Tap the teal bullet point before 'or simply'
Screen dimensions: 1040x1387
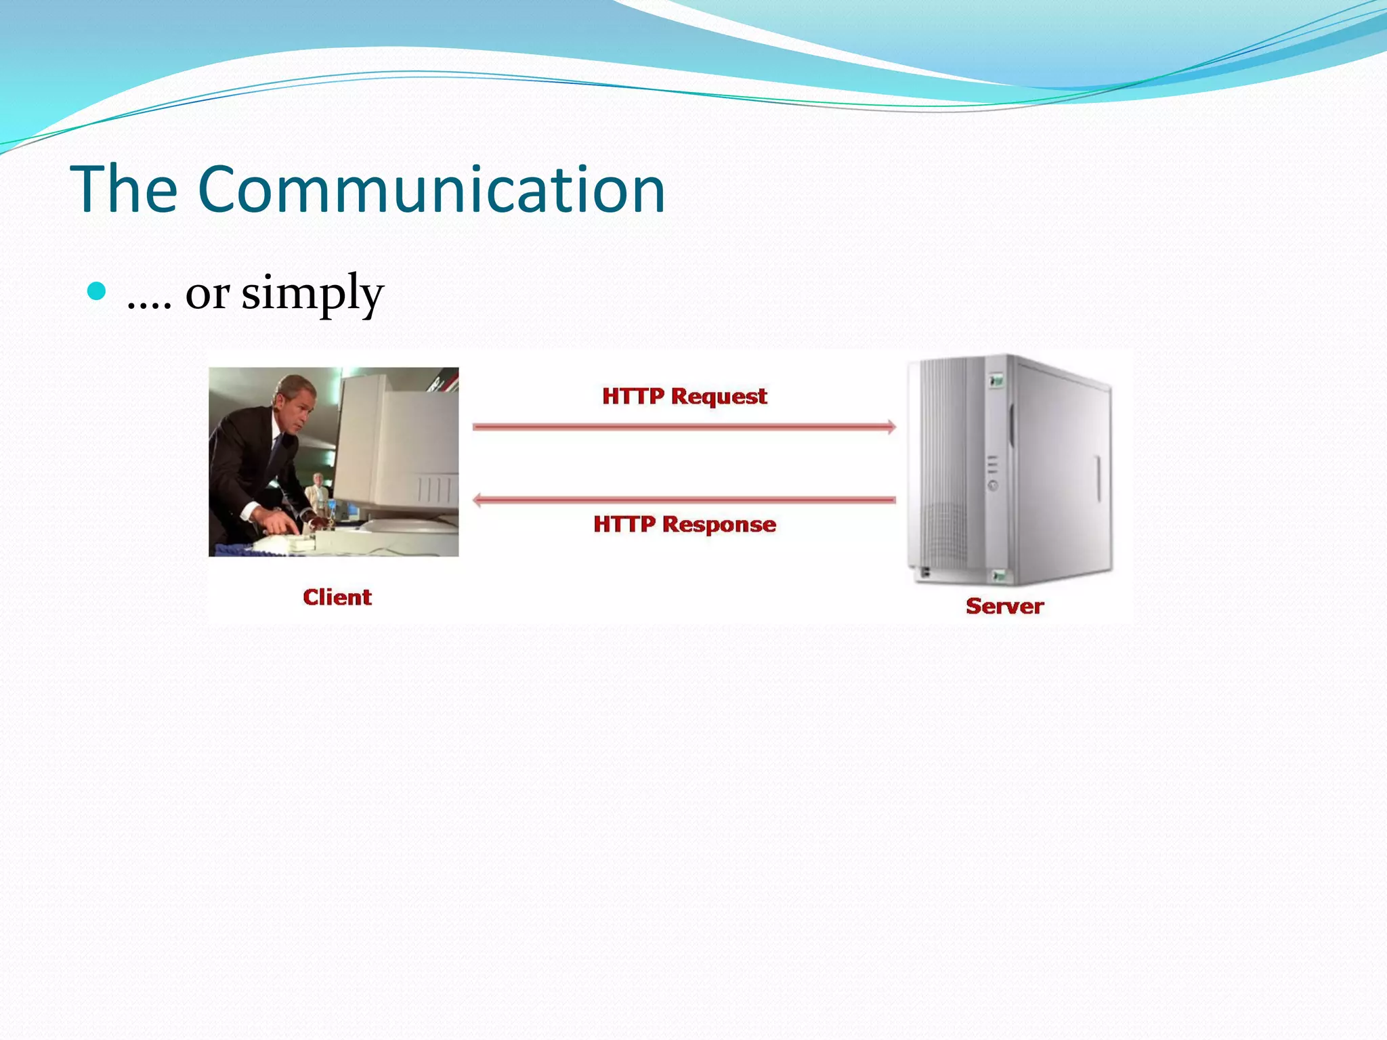point(98,291)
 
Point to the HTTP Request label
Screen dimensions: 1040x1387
point(684,396)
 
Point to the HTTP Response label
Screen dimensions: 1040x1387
point(684,524)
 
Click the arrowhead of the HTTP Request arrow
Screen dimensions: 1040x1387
point(891,427)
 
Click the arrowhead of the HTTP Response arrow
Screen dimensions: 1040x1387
point(477,500)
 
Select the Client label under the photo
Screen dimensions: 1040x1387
point(337,597)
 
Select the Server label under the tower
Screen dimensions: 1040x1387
point(1004,606)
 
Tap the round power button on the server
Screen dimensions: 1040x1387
point(993,485)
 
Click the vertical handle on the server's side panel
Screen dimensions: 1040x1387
point(1098,478)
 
